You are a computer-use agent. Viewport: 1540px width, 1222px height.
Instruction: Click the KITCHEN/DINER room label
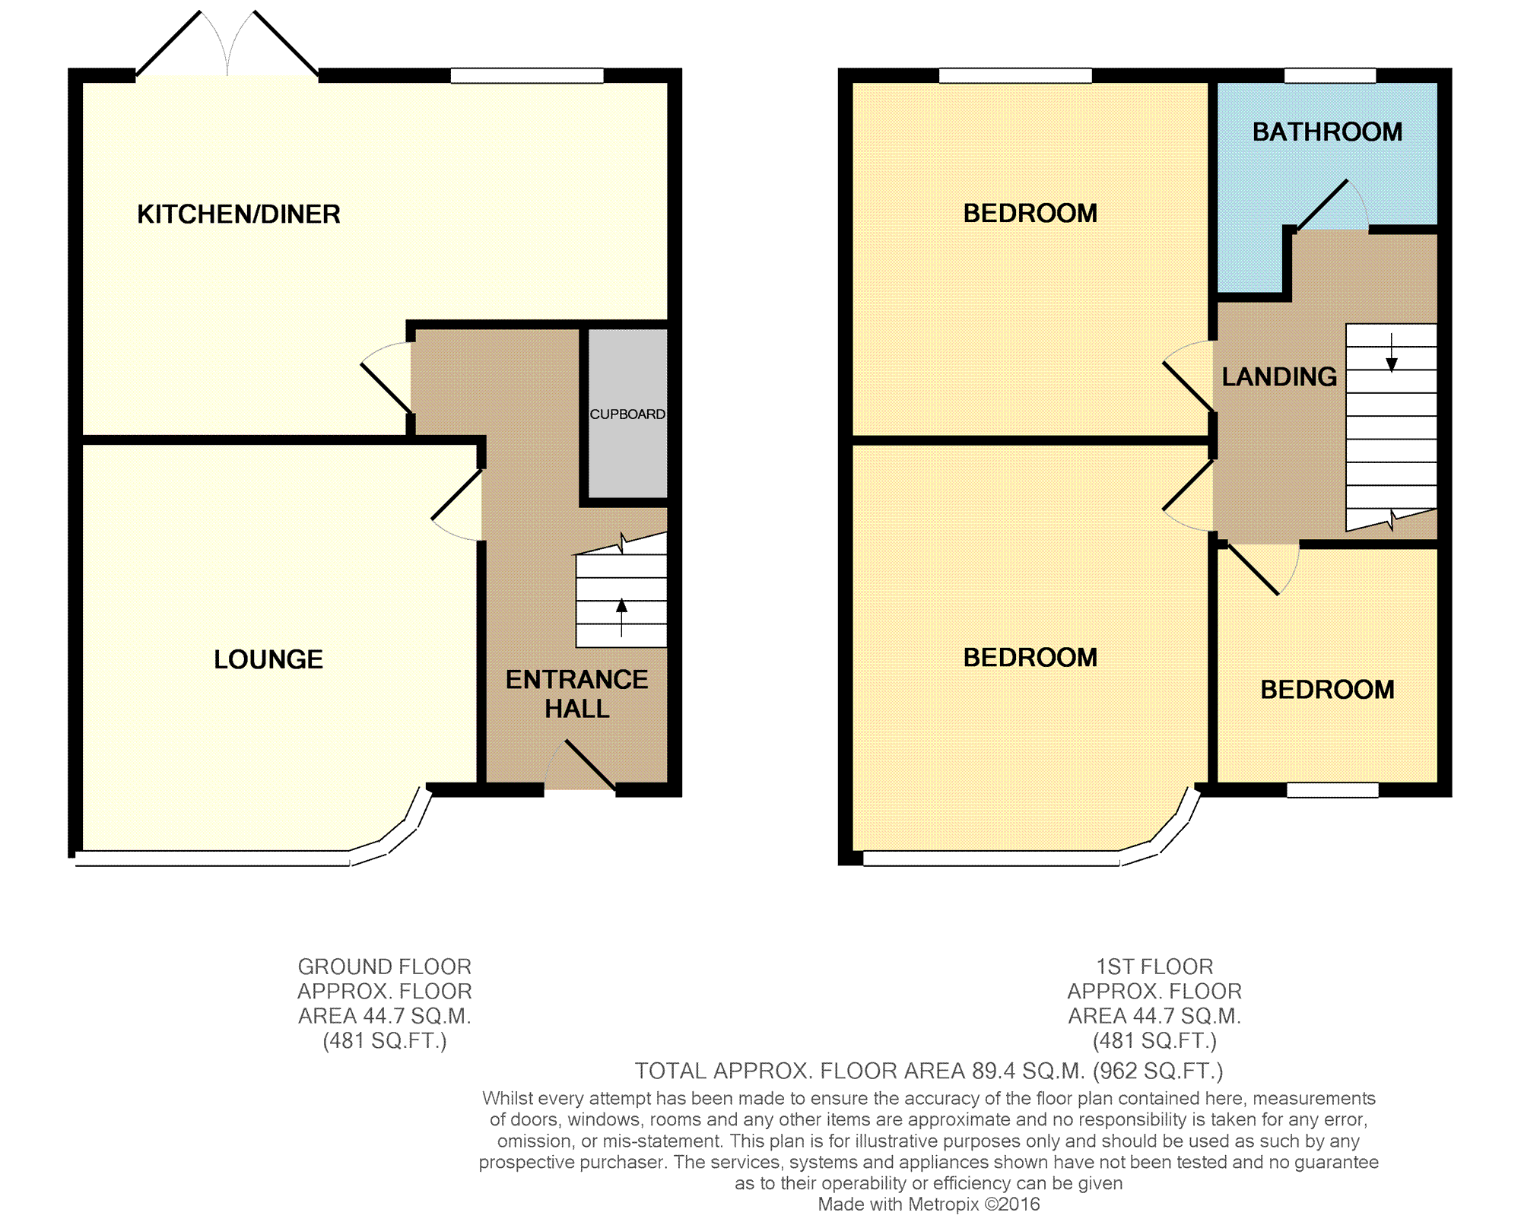[239, 214]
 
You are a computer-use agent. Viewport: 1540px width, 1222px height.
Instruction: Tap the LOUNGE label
[268, 659]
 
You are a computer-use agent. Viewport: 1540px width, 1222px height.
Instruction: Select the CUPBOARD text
[627, 414]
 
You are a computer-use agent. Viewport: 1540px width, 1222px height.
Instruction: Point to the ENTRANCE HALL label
[577, 694]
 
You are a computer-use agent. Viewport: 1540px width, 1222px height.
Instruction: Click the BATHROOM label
[1327, 132]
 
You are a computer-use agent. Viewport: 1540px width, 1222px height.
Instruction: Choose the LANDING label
[1279, 376]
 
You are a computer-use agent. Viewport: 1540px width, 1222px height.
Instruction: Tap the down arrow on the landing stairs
[1391, 353]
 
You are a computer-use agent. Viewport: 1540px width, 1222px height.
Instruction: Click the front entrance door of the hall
[590, 764]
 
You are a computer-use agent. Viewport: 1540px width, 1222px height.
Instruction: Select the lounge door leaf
[457, 494]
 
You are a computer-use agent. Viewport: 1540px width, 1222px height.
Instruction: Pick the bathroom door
[1322, 205]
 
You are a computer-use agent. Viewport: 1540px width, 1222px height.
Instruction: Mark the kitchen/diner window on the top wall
[527, 75]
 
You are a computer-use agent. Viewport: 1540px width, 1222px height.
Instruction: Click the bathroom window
[1330, 75]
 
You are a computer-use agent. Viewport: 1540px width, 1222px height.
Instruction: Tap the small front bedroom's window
[1332, 790]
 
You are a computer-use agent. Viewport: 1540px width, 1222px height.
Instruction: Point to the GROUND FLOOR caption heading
[385, 966]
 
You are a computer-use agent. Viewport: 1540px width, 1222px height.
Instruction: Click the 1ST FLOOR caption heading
[1154, 966]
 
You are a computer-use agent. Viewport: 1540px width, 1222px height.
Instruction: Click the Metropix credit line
[929, 1204]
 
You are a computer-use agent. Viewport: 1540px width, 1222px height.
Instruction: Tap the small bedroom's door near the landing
[1253, 570]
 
